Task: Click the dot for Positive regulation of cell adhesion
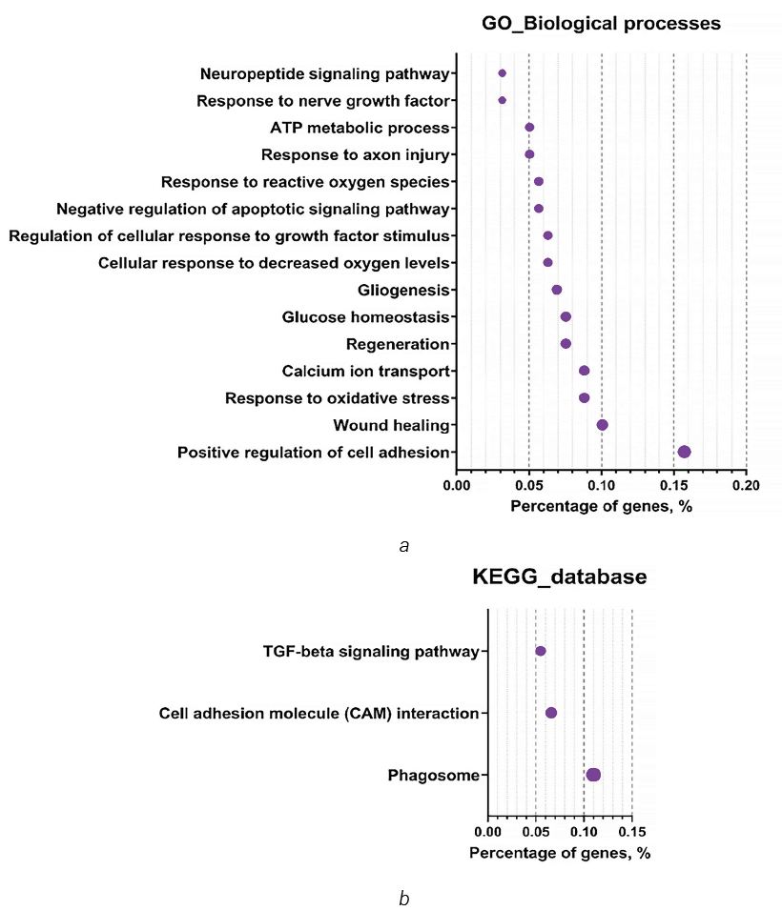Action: tap(685, 452)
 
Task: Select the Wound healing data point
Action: tap(603, 425)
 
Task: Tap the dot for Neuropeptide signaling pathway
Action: tap(503, 73)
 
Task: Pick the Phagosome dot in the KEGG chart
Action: tap(593, 775)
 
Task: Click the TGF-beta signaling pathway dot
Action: tap(541, 651)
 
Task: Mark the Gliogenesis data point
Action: tap(557, 290)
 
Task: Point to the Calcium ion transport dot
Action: tap(585, 371)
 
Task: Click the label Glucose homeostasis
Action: tap(365, 316)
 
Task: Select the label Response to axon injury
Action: tap(356, 154)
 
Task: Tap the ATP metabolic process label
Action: tap(360, 128)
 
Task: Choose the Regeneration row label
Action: tap(398, 344)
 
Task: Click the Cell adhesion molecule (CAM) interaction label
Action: tap(319, 713)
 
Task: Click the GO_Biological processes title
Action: tap(601, 23)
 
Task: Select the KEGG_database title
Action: tap(559, 577)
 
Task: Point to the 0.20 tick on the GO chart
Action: tap(746, 485)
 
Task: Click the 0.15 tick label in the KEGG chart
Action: tap(632, 831)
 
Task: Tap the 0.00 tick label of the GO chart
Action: tap(457, 485)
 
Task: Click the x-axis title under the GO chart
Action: tap(601, 506)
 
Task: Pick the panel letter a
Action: tap(404, 546)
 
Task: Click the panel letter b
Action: tap(404, 899)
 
